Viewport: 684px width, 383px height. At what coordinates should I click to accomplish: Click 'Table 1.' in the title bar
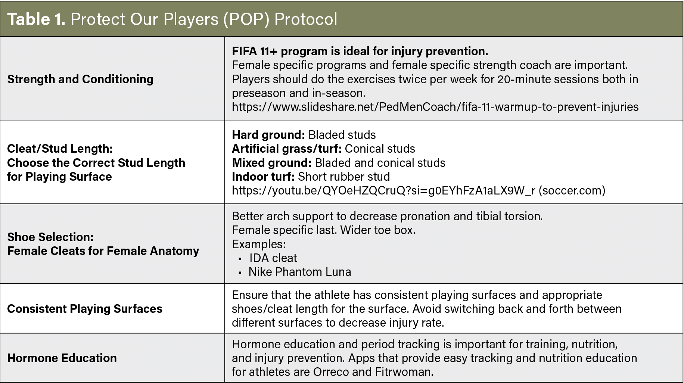pyautogui.click(x=36, y=19)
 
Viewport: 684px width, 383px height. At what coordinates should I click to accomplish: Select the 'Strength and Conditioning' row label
pyautogui.click(x=80, y=79)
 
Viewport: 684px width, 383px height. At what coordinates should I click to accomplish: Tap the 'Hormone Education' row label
pyautogui.click(x=62, y=358)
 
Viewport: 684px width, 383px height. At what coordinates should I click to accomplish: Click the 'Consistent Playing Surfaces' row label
pyautogui.click(x=85, y=309)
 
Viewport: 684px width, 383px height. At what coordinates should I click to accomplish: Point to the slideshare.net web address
pyautogui.click(x=435, y=107)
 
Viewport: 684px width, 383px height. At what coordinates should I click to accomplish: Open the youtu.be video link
pyautogui.click(x=383, y=190)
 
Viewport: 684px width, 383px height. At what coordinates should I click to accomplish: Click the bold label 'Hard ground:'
pyautogui.click(x=268, y=135)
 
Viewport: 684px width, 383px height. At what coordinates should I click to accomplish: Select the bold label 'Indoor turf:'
pyautogui.click(x=263, y=177)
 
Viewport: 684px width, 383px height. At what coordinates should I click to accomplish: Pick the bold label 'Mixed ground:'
pyautogui.click(x=272, y=163)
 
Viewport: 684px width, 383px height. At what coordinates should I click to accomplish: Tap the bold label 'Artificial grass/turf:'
pyautogui.click(x=287, y=149)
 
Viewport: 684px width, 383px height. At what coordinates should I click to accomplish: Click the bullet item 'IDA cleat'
pyautogui.click(x=273, y=258)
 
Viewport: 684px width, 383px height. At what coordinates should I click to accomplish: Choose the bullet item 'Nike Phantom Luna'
pyautogui.click(x=300, y=272)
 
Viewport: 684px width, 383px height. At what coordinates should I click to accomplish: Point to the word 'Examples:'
pyautogui.click(x=259, y=244)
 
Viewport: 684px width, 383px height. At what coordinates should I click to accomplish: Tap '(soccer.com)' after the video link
pyautogui.click(x=572, y=190)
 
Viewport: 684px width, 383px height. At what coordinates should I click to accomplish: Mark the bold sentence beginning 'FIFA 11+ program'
pyautogui.click(x=360, y=51)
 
